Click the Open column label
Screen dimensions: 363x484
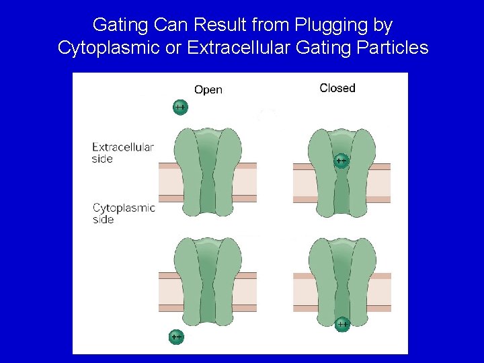coord(208,89)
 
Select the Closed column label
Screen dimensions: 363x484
coord(337,88)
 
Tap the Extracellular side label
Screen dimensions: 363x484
coord(123,153)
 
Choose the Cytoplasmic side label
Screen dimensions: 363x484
coord(124,213)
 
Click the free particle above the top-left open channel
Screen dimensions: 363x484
coord(179,108)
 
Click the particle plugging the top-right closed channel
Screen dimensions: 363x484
coord(341,161)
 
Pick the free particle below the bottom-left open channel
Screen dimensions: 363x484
coord(176,336)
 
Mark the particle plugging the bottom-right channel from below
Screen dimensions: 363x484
coord(342,324)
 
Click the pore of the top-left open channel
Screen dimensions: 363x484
coord(208,175)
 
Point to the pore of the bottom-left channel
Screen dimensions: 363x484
coord(208,282)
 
